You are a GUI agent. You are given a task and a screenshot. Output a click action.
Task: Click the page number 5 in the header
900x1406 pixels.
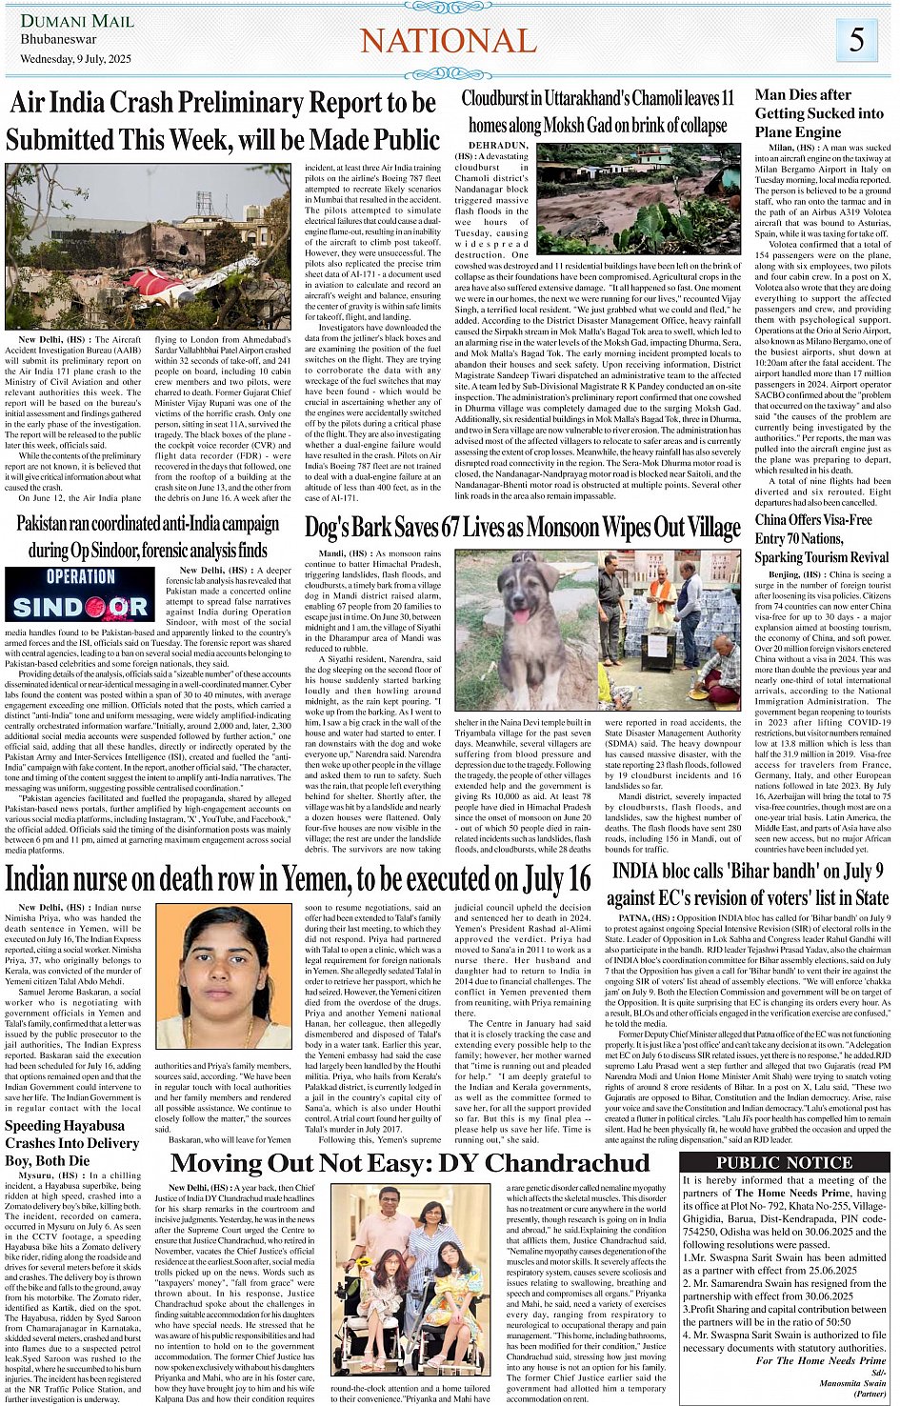pos(857,40)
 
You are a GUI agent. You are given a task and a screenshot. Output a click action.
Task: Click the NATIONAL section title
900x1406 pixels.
pos(449,41)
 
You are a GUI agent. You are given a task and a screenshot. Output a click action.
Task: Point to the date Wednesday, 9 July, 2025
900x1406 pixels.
pos(76,59)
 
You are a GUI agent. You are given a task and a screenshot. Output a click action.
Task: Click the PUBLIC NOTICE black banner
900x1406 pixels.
pos(786,1162)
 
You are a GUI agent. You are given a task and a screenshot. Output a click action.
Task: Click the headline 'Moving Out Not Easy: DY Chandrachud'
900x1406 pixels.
pos(410,1163)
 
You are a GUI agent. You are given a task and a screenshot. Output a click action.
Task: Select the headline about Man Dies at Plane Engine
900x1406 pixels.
pos(819,113)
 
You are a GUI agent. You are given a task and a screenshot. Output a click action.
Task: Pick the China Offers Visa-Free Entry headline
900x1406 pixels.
pos(821,538)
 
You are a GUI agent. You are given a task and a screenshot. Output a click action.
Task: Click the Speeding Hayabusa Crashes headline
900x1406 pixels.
pos(72,1143)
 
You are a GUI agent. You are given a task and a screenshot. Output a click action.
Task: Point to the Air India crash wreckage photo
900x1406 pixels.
pos(148,246)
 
